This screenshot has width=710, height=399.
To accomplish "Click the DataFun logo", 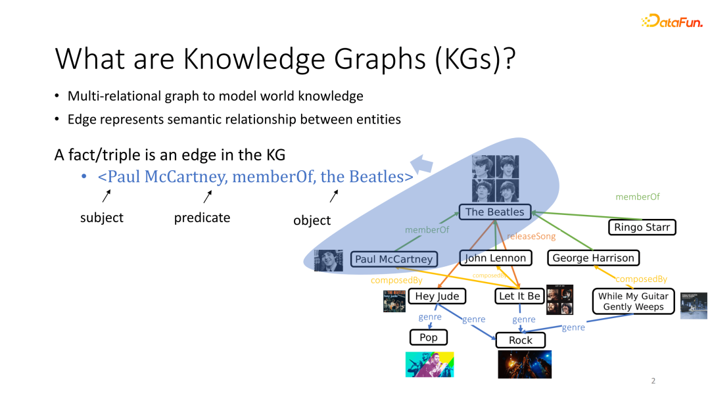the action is coord(671,21).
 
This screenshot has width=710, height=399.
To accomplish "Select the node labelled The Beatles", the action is coord(495,212).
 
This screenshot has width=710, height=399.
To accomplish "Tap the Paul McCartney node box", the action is coord(394,259).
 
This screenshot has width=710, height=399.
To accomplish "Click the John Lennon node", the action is coord(495,258).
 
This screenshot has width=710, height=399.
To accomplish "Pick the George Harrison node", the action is coord(593,258).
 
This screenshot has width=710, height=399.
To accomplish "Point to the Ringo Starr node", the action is coord(642,227).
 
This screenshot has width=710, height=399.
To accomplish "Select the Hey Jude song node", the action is coord(437,296).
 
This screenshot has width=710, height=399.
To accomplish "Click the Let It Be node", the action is coord(519,296).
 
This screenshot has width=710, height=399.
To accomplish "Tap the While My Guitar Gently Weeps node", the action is coord(633,302).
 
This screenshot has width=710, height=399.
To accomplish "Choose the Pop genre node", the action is coord(429,337).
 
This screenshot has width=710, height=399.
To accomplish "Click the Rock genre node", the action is coord(520,340).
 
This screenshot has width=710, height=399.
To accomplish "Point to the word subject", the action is coord(102,218).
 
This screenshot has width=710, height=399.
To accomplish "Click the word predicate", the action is coord(202,218).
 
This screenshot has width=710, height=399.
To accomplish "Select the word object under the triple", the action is coord(312,220).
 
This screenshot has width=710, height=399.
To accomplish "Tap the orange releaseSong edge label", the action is coord(531,236).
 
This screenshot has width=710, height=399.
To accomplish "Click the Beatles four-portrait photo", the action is coord(495,178).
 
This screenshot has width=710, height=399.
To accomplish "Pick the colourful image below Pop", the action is coord(429,364).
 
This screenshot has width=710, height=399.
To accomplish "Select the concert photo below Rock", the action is coord(524,364).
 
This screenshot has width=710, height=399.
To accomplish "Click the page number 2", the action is coord(653,381).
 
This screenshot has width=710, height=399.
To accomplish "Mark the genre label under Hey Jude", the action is coord(430,317).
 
